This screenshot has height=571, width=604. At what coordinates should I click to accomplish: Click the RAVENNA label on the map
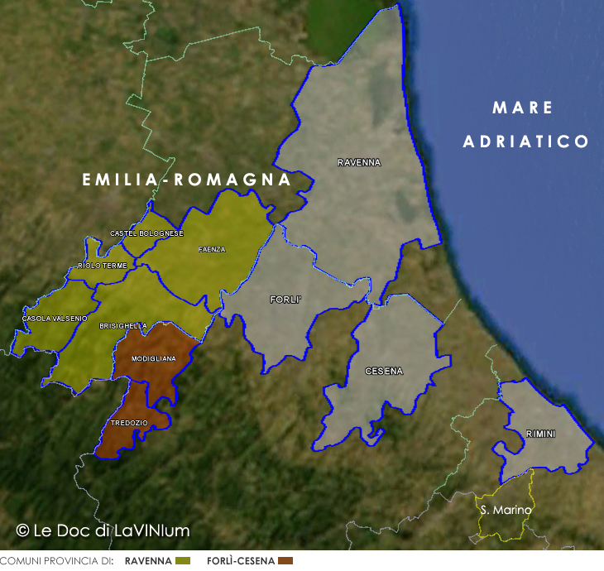click(x=359, y=163)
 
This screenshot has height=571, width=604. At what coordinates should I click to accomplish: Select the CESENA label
click(x=384, y=372)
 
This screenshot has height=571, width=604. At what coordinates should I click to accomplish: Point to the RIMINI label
click(x=540, y=434)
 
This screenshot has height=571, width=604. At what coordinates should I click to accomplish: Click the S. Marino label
click(x=506, y=511)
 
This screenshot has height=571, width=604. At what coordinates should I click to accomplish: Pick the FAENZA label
click(x=212, y=249)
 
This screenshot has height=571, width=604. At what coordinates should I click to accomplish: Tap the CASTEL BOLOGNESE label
click(x=146, y=233)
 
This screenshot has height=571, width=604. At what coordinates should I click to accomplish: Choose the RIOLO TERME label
click(x=102, y=266)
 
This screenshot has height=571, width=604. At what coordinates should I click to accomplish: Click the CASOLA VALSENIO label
click(x=55, y=319)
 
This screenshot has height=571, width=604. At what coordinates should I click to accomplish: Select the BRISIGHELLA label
click(x=122, y=326)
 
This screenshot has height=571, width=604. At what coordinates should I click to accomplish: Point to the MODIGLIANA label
click(x=153, y=358)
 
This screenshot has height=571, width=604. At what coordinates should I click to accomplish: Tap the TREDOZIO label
click(x=129, y=423)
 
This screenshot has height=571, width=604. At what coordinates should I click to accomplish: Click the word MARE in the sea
click(x=522, y=108)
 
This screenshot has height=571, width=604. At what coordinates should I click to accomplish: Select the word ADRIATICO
click(x=526, y=142)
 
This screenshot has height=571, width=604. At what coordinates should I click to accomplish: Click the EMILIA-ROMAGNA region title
click(x=186, y=180)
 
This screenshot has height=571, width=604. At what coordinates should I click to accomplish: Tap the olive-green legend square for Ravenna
click(x=184, y=561)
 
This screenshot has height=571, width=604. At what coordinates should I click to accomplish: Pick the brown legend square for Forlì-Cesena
click(x=286, y=561)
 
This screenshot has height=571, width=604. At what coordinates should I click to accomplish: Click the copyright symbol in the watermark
click(x=23, y=530)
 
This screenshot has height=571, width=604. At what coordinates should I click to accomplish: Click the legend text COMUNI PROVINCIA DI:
click(x=56, y=561)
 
